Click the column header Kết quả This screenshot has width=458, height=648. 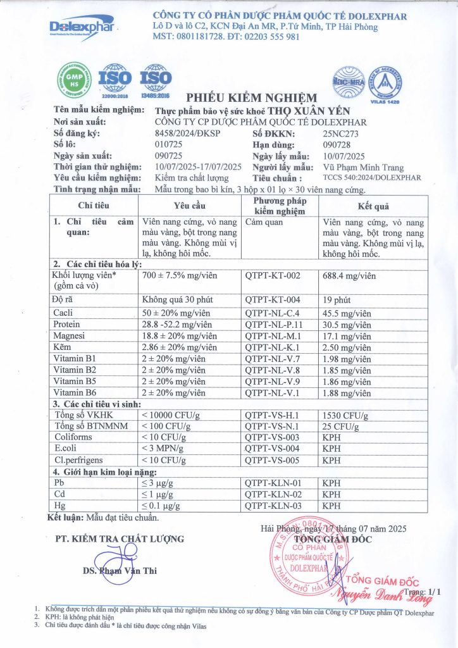[373, 206]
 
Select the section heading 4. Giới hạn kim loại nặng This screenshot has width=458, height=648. [104, 471]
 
